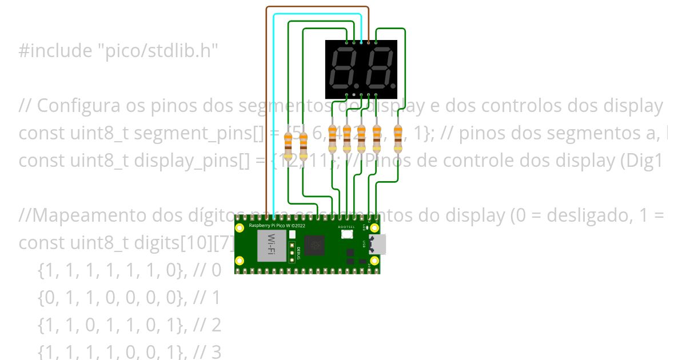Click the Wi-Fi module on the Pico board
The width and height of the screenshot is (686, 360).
pyautogui.click(x=272, y=246)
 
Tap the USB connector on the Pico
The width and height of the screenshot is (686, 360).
pyautogui.click(x=378, y=245)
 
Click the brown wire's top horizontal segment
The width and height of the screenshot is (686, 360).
pyautogui.click(x=317, y=7)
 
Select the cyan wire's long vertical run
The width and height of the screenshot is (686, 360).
pyautogui.click(x=274, y=114)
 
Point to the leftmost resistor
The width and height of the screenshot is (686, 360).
pyautogui.click(x=289, y=146)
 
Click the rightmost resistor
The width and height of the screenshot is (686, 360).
pyautogui.click(x=398, y=139)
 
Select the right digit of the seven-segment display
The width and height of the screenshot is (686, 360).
pyautogui.click(x=377, y=67)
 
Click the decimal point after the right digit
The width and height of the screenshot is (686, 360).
pyautogui.click(x=392, y=84)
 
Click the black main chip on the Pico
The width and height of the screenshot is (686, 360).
pyautogui.click(x=314, y=246)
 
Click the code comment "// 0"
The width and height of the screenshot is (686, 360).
pyautogui.click(x=207, y=270)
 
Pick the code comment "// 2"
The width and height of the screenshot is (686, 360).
pyautogui.click(x=207, y=325)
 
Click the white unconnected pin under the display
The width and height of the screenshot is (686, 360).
pyautogui.click(x=354, y=94)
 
